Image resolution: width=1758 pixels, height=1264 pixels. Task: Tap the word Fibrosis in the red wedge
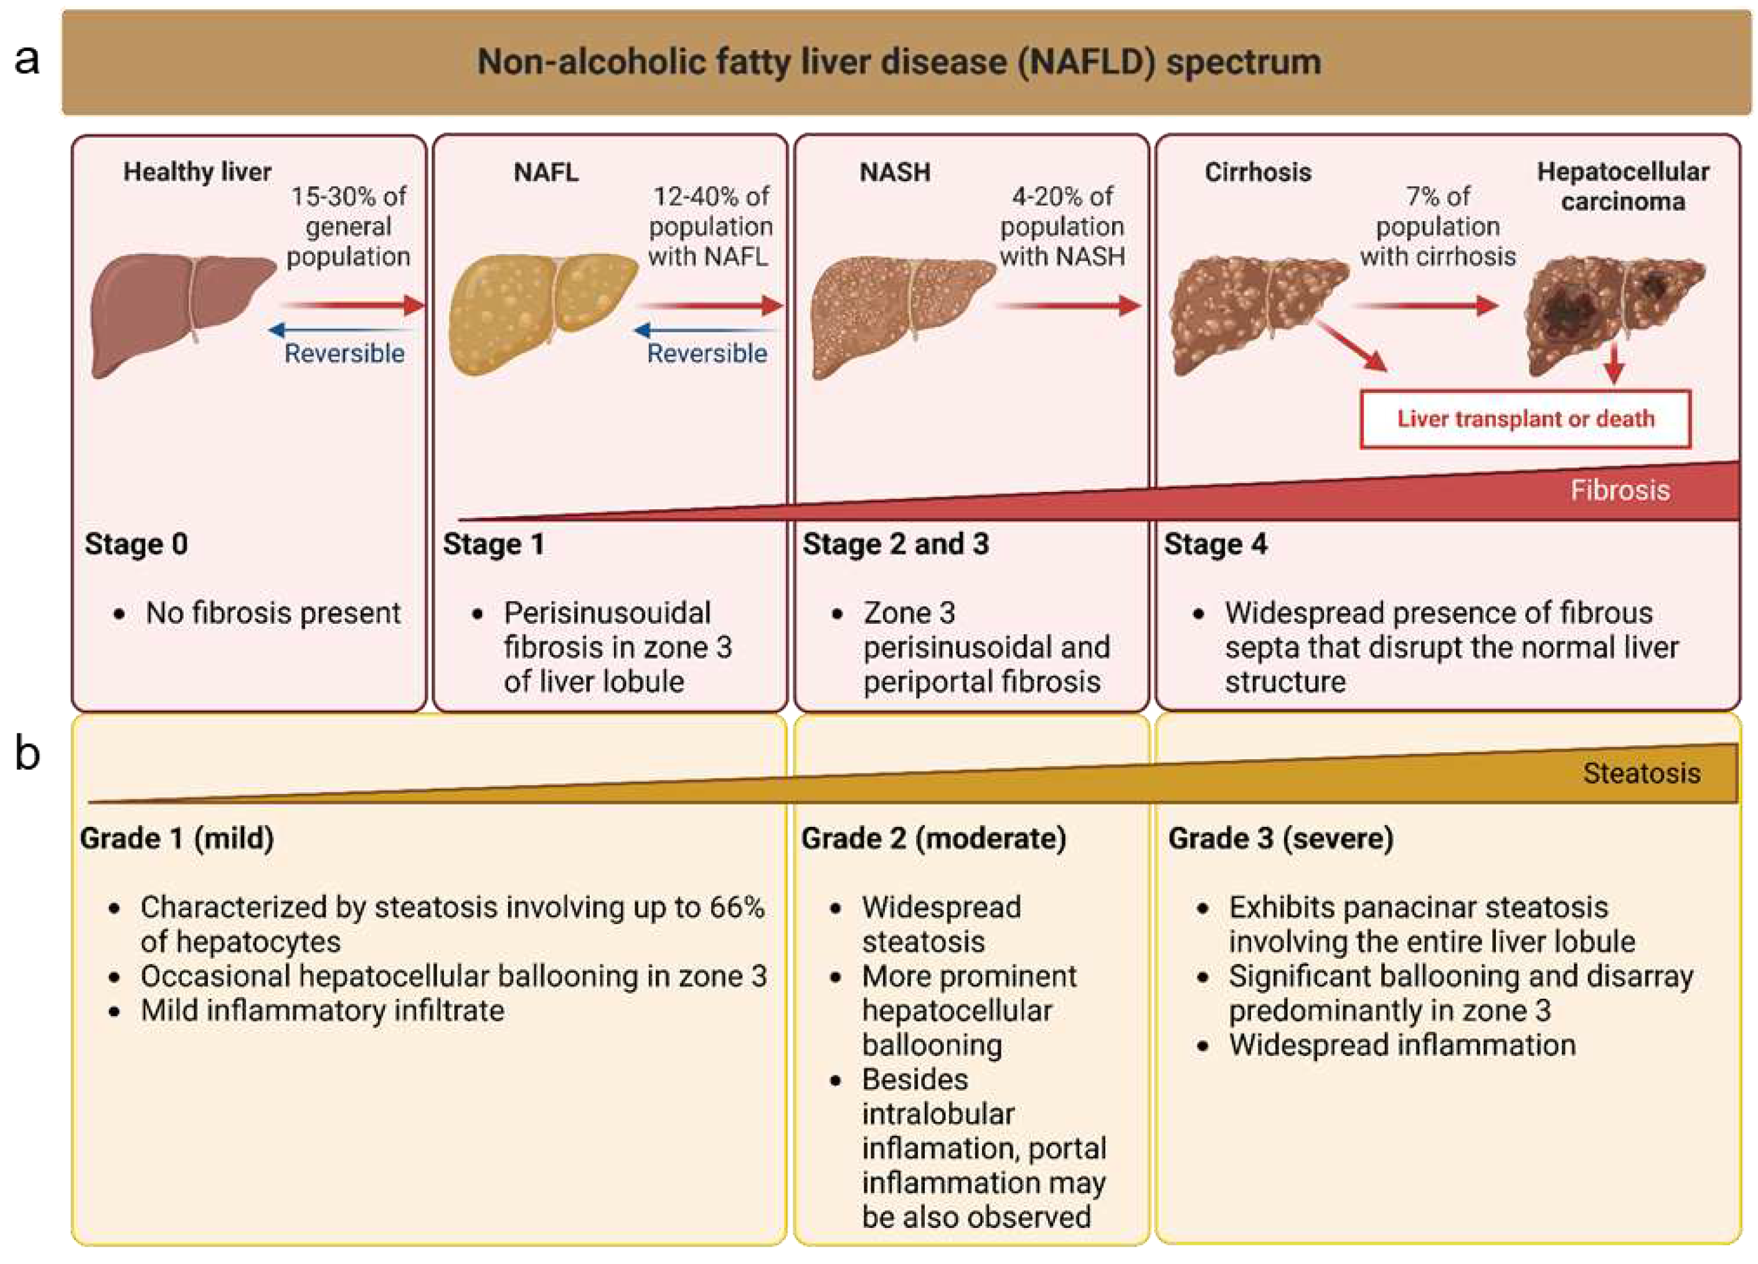tap(1619, 491)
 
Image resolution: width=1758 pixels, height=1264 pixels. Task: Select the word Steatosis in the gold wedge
tap(1641, 773)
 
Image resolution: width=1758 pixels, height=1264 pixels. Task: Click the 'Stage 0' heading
tap(136, 544)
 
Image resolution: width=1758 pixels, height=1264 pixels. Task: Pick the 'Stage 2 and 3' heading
tap(896, 544)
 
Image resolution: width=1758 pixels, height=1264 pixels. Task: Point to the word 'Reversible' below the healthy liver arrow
tap(344, 354)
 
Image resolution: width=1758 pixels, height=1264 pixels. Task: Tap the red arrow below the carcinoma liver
tap(1614, 362)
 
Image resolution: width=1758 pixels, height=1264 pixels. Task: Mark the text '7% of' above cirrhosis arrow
tap(1438, 197)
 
